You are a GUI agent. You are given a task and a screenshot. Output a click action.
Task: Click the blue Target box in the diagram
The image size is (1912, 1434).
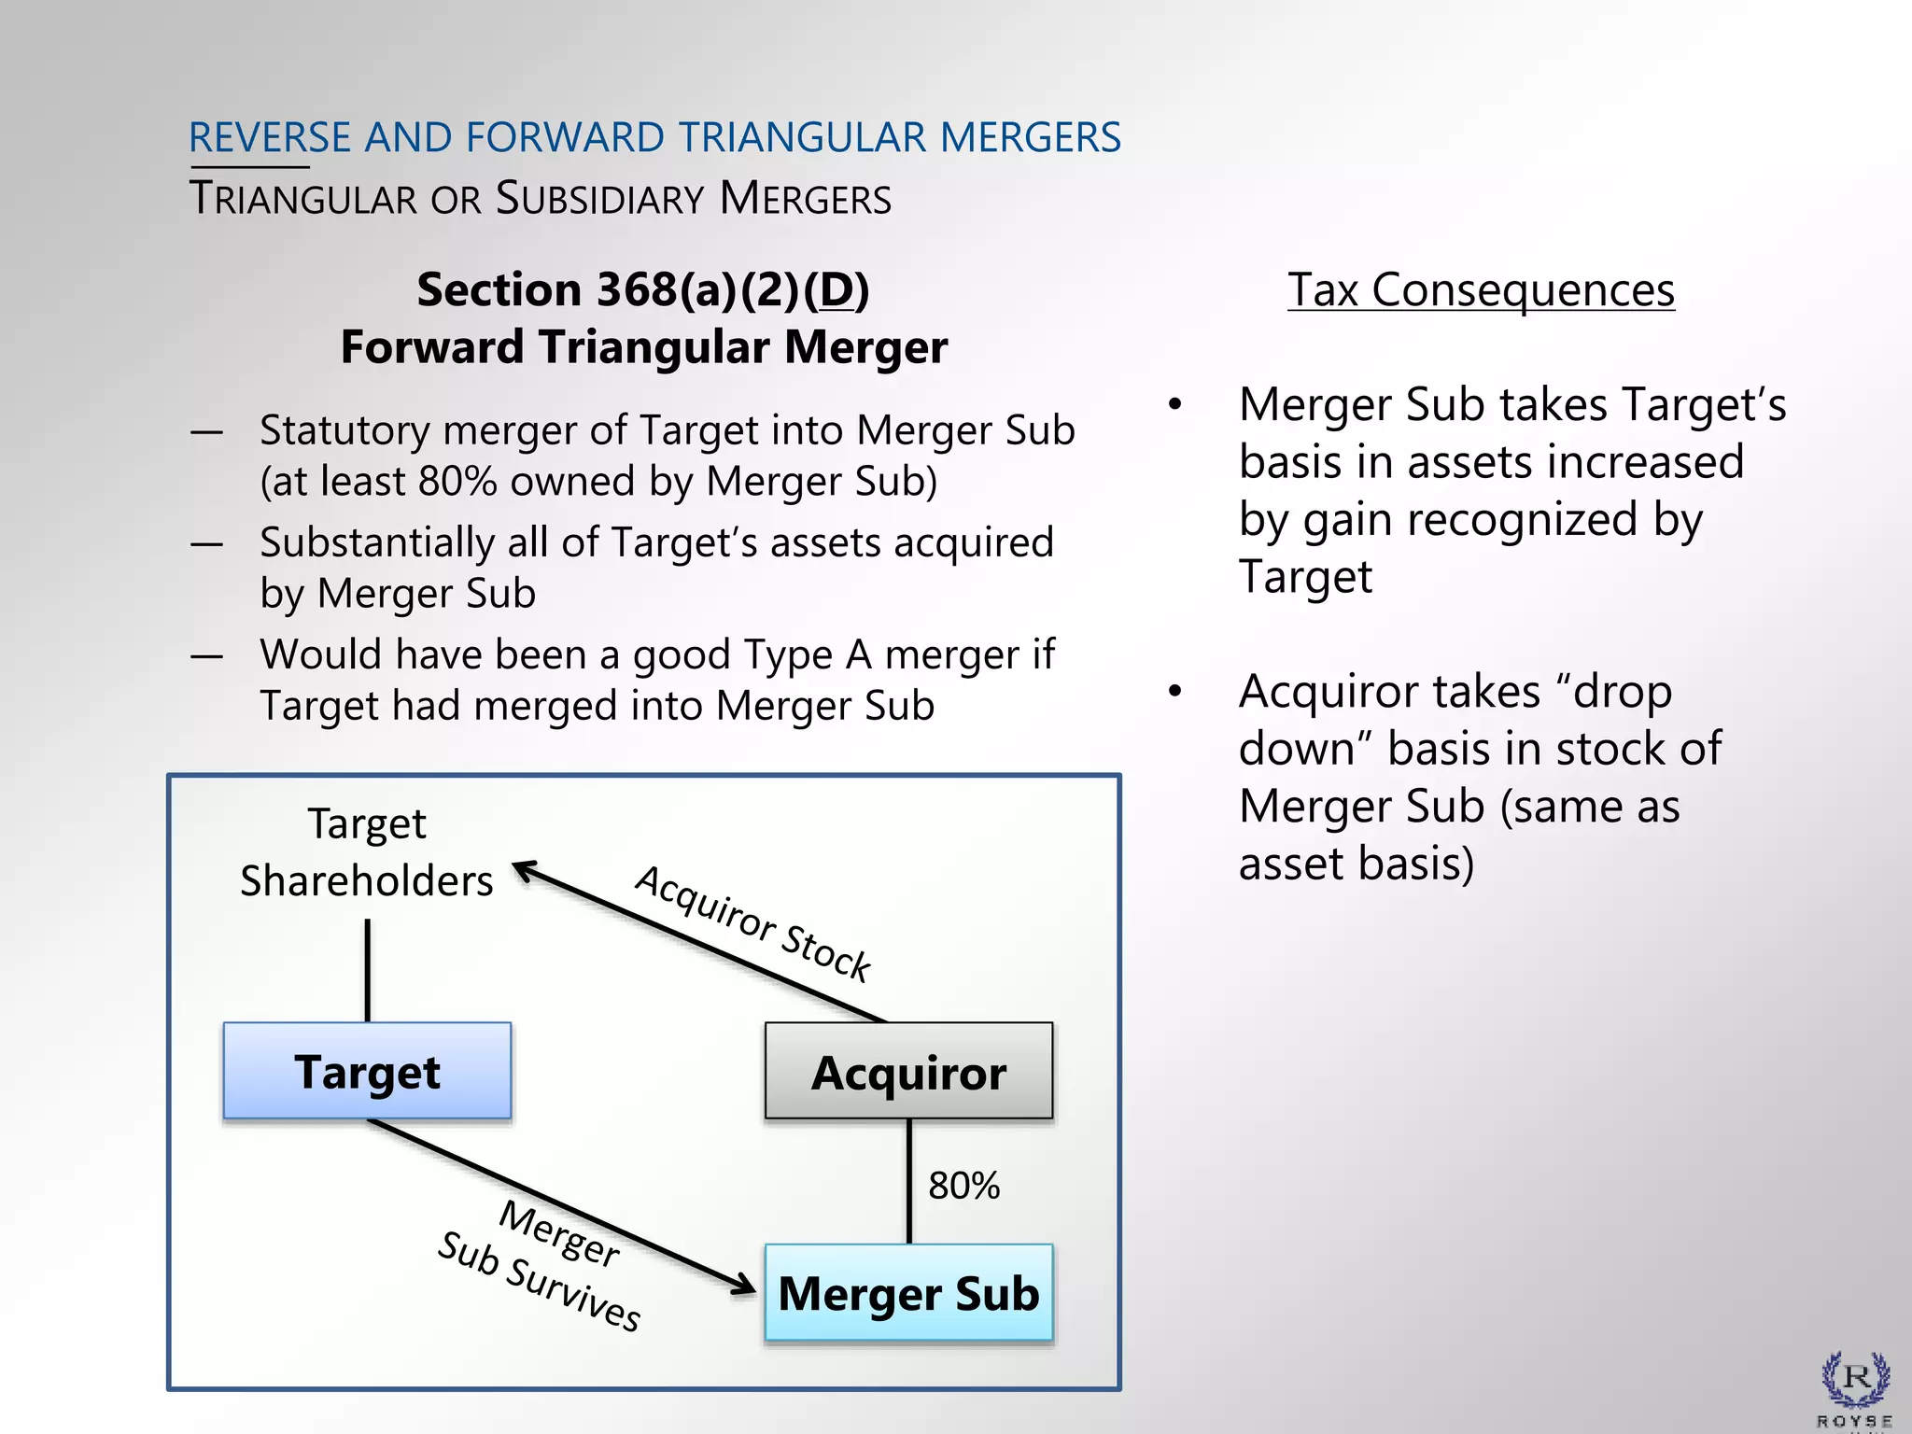[x=367, y=1071]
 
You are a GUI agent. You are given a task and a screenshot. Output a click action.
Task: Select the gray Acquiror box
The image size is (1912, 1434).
[x=908, y=1071]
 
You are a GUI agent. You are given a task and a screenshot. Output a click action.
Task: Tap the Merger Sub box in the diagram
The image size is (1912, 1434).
[x=908, y=1293]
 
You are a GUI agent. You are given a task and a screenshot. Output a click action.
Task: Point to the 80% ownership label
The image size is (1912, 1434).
[x=963, y=1186]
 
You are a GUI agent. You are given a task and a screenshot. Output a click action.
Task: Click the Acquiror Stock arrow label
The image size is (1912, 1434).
[x=752, y=923]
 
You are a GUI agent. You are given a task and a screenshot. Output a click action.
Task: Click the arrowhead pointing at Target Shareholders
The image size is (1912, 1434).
[x=525, y=870]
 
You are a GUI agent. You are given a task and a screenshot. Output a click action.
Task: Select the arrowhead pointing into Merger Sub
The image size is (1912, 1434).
[x=743, y=1286]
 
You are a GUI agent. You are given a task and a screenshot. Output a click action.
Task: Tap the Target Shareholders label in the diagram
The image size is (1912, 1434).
[x=367, y=852]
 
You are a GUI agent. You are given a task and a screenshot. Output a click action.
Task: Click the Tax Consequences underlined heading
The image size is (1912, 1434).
[x=1481, y=289]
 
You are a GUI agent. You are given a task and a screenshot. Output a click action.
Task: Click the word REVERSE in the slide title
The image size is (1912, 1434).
[x=270, y=137]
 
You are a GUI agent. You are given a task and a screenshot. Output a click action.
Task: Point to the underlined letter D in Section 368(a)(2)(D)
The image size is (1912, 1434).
[x=836, y=289]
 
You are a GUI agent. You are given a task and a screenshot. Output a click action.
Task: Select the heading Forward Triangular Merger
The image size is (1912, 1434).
[x=644, y=347]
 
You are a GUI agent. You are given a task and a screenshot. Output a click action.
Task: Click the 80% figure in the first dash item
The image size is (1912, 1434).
[x=457, y=482]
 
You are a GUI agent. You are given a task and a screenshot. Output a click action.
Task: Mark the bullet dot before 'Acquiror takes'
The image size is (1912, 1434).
[x=1175, y=691]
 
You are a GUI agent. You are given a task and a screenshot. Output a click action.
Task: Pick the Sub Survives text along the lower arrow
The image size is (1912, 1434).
[x=539, y=1281]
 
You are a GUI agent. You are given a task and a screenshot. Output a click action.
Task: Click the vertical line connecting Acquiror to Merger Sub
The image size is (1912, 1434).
[x=909, y=1181]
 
